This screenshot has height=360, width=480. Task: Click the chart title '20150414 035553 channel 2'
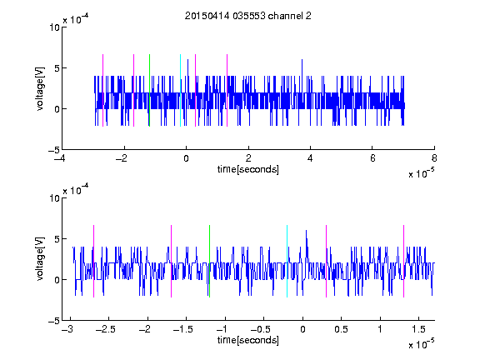tap(248, 16)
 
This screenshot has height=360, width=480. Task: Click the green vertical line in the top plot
tap(149, 90)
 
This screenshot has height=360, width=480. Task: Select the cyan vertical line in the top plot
tap(180, 90)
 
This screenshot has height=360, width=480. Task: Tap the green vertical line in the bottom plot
tap(209, 261)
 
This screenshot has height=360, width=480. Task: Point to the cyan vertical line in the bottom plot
tap(287, 261)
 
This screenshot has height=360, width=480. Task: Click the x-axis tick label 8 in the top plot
tap(434, 158)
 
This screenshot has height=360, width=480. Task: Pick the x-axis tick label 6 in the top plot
tap(372, 158)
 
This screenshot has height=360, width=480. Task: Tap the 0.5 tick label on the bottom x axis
tap(341, 329)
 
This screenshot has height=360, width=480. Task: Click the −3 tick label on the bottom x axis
tap(67, 329)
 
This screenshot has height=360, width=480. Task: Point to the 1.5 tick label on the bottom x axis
tap(418, 329)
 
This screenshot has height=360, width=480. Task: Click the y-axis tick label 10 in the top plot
tap(54, 27)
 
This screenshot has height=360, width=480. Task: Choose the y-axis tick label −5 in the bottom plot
tap(54, 321)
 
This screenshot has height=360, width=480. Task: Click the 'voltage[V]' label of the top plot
tap(40, 89)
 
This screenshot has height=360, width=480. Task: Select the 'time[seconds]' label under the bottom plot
tap(248, 340)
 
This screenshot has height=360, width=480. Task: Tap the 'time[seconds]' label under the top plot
tap(248, 169)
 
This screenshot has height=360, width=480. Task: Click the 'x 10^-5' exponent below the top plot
tap(421, 172)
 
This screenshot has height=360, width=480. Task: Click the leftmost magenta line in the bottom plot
tap(93, 261)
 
